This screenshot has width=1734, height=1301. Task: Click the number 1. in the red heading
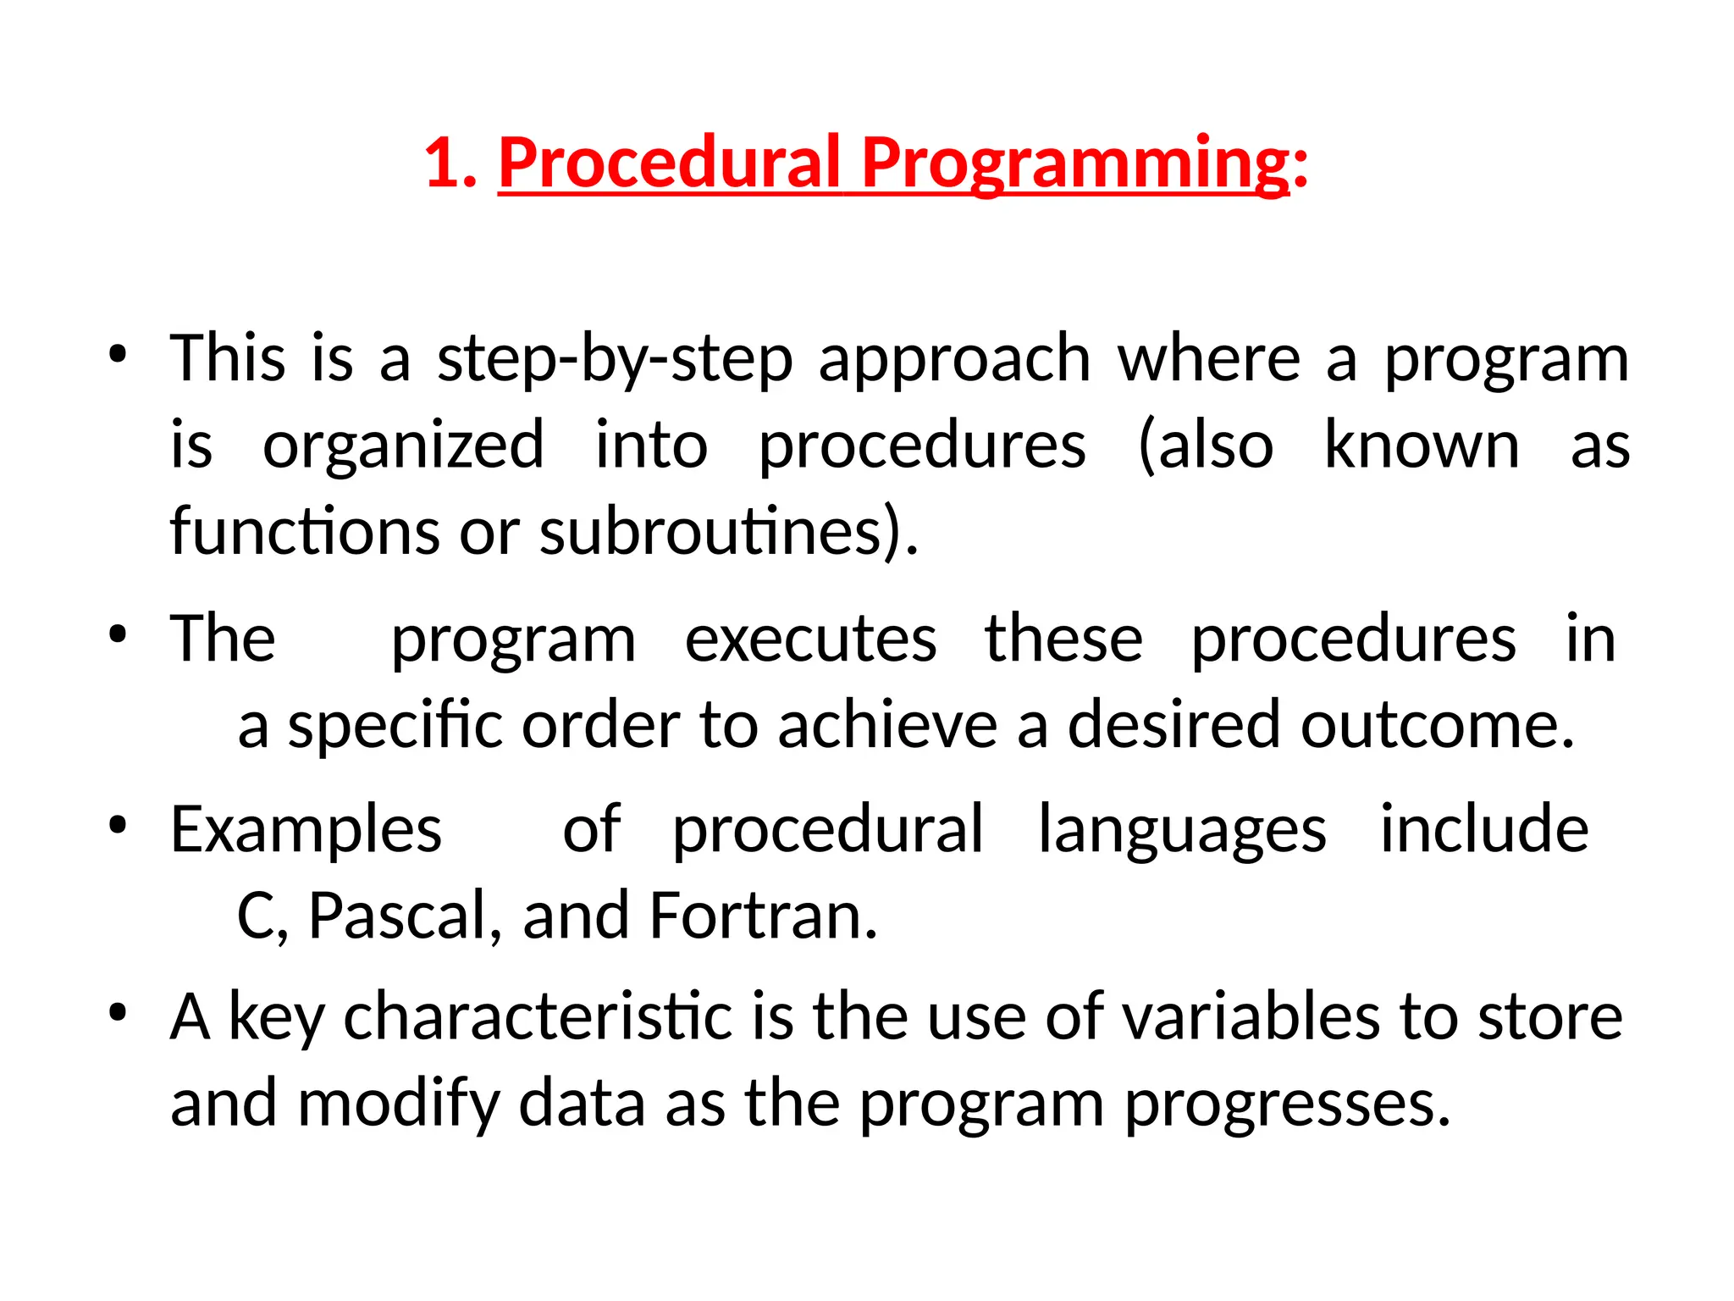point(450,163)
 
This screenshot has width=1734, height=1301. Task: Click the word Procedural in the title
point(669,163)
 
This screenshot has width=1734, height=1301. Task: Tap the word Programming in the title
point(1075,163)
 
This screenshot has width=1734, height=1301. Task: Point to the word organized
point(403,446)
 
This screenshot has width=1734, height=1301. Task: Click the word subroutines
point(719,532)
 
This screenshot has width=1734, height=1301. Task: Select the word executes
point(810,639)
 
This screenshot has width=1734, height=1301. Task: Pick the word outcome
point(1437,726)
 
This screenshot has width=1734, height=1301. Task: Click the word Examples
point(306,830)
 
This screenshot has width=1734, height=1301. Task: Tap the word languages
point(1182,830)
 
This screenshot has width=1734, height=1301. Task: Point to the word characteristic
point(538,1016)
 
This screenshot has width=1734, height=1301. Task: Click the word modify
point(399,1104)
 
